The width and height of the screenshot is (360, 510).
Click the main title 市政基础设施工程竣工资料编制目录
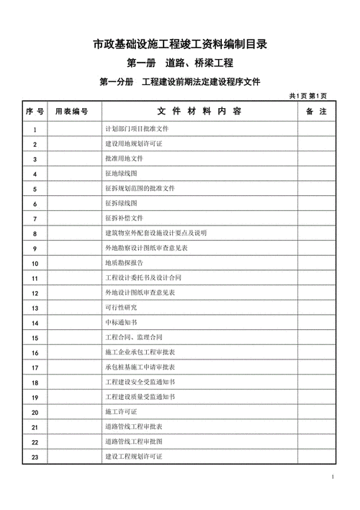[x=180, y=45]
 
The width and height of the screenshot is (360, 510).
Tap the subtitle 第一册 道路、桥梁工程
[x=180, y=64]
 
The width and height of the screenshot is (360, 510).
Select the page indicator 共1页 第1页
[x=309, y=96]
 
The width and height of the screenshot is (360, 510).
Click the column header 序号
[x=35, y=112]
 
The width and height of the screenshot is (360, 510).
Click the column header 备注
[x=317, y=112]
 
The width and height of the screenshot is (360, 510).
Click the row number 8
[x=35, y=233]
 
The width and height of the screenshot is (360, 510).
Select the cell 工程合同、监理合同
[x=134, y=337]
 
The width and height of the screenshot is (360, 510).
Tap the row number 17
[x=35, y=367]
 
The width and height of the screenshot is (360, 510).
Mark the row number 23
[x=35, y=457]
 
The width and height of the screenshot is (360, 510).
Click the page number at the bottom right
[x=333, y=478]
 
